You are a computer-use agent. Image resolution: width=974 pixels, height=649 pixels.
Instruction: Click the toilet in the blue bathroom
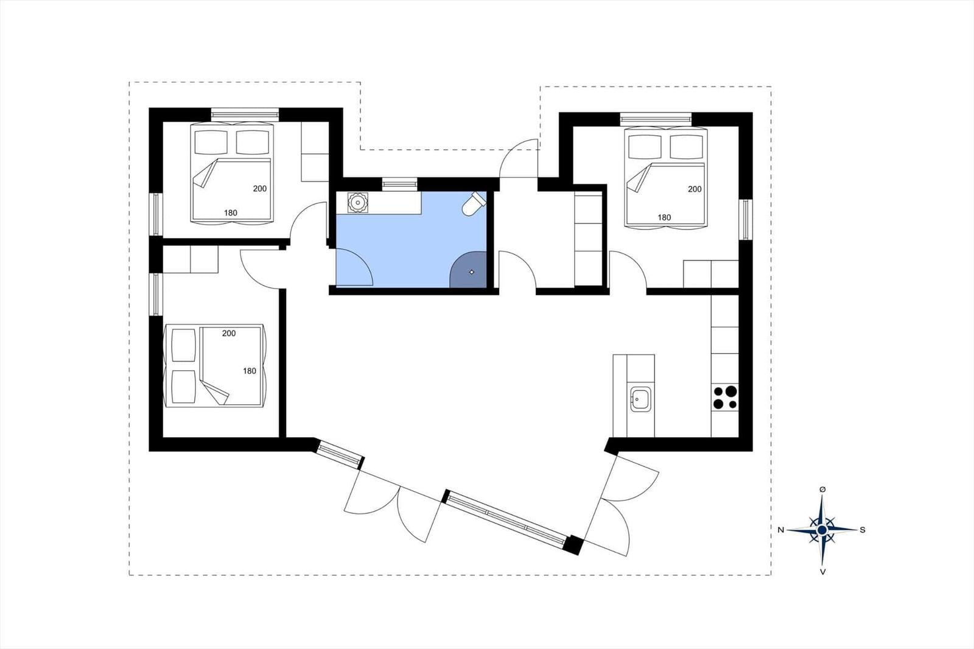point(474,204)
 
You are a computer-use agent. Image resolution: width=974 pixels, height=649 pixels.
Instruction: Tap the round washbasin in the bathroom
point(358,202)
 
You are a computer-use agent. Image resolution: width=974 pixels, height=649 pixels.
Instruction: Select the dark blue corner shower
point(468,269)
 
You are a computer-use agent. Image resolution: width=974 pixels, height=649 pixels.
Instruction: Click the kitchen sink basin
point(640,399)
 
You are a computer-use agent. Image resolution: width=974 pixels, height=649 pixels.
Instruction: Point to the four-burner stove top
point(725,397)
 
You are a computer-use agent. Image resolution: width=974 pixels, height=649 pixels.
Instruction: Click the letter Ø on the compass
point(822,490)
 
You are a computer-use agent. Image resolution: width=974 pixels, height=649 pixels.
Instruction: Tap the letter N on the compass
point(781,530)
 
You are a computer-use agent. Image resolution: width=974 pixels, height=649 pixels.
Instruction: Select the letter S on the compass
point(863,530)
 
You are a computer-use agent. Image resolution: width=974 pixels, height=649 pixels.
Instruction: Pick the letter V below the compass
point(822,572)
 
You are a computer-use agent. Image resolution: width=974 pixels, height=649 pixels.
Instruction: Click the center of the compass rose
point(822,530)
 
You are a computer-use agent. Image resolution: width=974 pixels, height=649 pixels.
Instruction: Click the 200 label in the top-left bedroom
point(260,188)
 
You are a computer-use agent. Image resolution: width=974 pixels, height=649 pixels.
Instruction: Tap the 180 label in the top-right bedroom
point(664,217)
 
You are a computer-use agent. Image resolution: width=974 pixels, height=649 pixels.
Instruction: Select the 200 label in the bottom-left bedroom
point(229,333)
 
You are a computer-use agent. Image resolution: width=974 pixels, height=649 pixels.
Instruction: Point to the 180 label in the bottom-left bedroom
point(250,371)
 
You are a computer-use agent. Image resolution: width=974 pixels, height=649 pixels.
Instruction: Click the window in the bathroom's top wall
point(400,184)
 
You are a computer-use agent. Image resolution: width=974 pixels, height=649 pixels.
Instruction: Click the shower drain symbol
point(472,272)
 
